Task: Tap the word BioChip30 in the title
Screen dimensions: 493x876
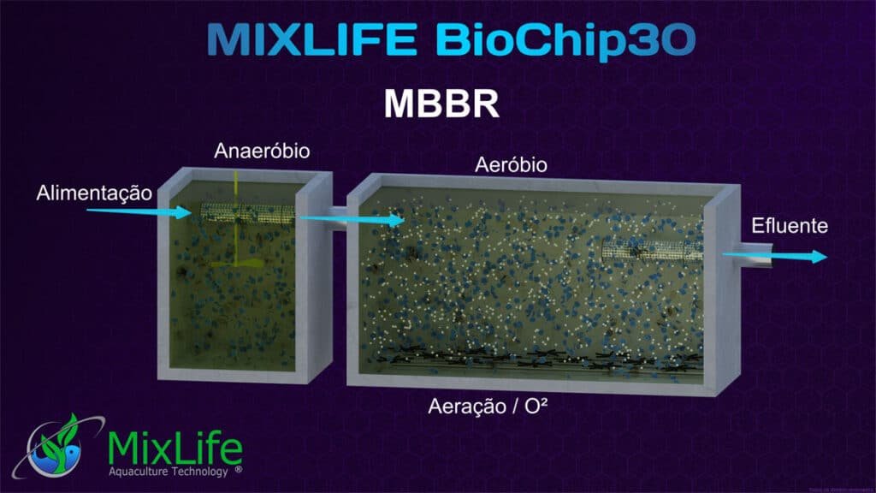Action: [x=564, y=40]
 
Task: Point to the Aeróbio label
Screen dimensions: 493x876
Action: [x=511, y=163]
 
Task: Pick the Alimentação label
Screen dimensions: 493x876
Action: [x=94, y=193]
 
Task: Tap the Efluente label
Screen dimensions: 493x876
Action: [x=790, y=227]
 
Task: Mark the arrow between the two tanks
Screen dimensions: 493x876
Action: [x=351, y=221]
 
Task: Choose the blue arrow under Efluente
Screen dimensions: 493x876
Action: [x=774, y=256]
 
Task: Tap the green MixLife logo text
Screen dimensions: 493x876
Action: [x=175, y=447]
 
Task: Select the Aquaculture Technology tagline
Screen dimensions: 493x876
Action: [x=167, y=471]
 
